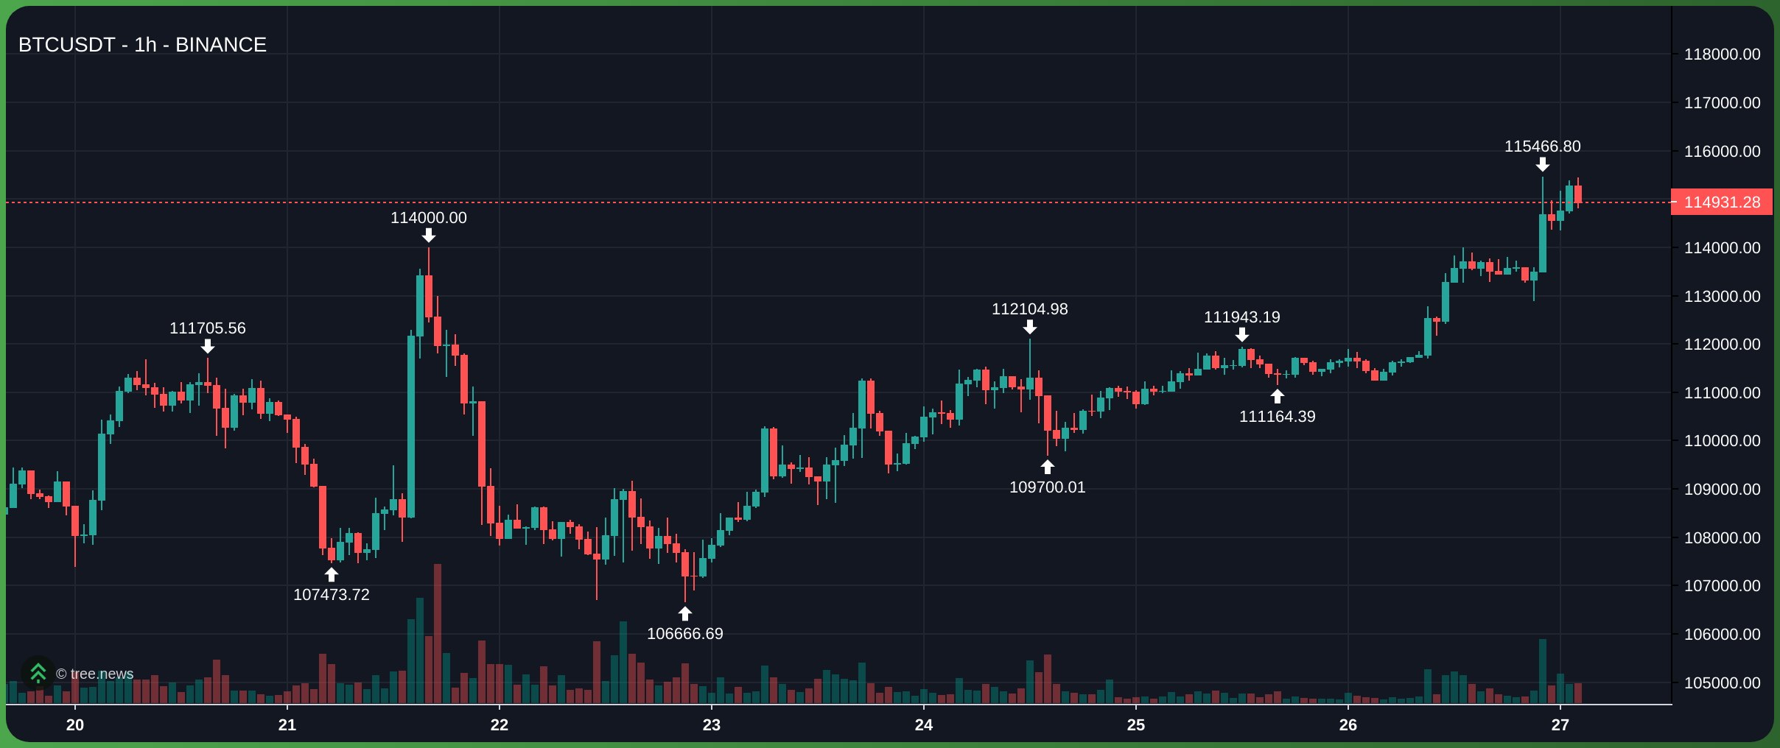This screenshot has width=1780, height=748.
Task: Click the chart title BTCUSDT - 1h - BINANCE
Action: (142, 45)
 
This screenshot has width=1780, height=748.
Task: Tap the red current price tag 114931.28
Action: (1721, 202)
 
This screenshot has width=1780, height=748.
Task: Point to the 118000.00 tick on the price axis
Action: (1722, 54)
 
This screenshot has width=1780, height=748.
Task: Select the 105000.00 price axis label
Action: (1722, 683)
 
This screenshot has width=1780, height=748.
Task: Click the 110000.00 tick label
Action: (1722, 441)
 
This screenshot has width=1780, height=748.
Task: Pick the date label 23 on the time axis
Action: (711, 725)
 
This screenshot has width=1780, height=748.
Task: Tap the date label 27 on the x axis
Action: (1560, 725)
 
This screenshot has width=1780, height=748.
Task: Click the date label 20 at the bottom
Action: (75, 725)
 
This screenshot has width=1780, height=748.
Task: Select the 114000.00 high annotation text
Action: (428, 218)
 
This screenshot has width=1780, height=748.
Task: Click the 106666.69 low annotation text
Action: (684, 634)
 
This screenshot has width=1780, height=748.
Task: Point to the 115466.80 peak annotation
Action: (1542, 147)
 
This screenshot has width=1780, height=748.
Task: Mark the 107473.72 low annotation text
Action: (331, 595)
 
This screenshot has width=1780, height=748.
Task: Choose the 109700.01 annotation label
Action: (1047, 487)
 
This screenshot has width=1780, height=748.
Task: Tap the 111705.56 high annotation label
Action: (207, 328)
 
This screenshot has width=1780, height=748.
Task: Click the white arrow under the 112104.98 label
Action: (1029, 327)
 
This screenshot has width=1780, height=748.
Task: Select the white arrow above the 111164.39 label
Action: (1277, 397)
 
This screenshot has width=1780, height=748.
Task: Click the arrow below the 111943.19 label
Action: (1241, 335)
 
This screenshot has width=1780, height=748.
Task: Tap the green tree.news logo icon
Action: (38, 673)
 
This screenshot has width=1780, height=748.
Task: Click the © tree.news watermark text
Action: (95, 674)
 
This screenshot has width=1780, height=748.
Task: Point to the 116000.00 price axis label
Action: (1722, 152)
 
